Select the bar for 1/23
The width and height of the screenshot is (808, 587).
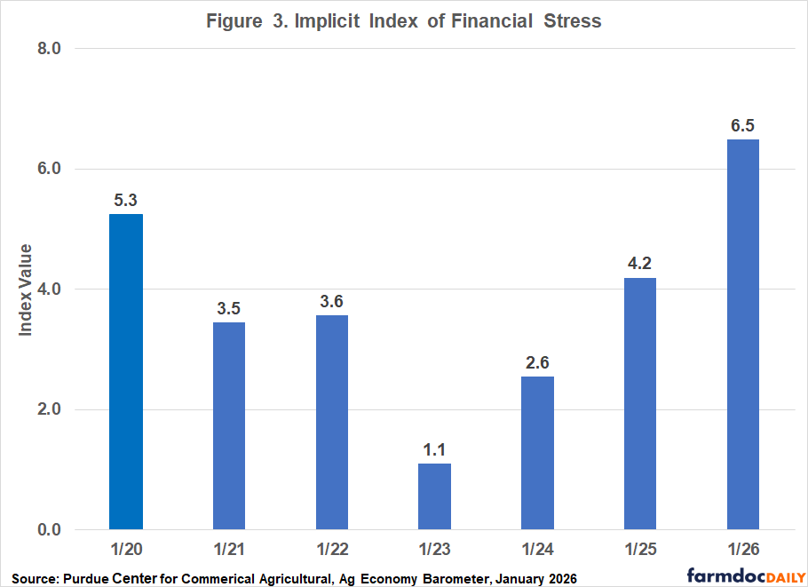point(434,496)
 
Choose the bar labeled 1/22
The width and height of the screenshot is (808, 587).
point(332,423)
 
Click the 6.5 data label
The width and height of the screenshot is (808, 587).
point(743,125)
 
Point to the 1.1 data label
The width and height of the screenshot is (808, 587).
point(434,449)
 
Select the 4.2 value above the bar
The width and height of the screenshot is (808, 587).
point(640,264)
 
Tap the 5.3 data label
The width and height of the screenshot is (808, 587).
point(126,200)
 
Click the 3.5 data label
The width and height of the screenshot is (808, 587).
point(229,308)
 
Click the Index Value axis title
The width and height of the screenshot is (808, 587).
point(27,290)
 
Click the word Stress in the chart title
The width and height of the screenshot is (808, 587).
point(570,21)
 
